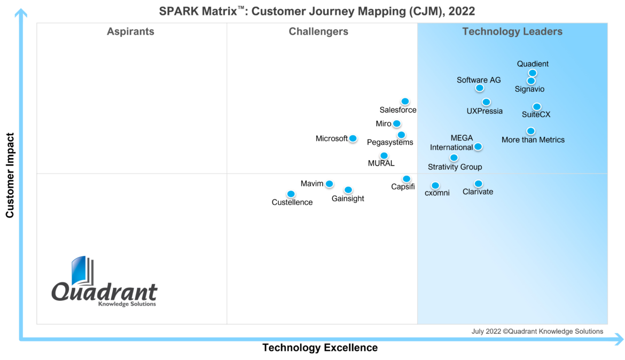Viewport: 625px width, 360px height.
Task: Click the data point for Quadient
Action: coord(532,73)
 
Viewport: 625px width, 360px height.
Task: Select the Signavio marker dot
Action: coord(531,81)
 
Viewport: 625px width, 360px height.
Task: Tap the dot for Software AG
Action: coord(480,88)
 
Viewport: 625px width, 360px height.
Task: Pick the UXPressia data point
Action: coord(486,102)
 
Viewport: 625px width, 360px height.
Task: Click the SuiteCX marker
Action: coord(536,107)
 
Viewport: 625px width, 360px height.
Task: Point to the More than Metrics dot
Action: coord(530,131)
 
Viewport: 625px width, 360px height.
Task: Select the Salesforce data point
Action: coord(405,101)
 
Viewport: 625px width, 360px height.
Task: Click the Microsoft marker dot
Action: coord(353,138)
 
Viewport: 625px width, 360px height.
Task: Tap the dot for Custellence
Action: coord(291,194)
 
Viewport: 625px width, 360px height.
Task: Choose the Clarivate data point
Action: coord(478,184)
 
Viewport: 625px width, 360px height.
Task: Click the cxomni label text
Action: coord(437,193)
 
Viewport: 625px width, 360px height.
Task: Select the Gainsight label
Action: coord(348,199)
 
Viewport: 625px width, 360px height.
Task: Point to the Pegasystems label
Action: coord(390,143)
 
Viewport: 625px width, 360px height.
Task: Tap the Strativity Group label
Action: coord(455,167)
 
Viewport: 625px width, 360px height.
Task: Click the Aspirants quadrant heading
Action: coord(130,32)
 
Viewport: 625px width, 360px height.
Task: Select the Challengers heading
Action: coord(318,32)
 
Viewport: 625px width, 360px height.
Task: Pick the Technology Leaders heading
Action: coord(512,32)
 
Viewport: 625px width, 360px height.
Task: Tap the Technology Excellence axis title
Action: coord(319,348)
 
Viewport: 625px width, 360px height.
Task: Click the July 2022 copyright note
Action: coord(537,331)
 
